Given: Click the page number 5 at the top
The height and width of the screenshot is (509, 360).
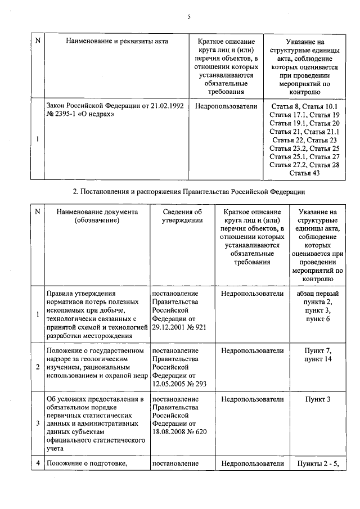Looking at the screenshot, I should click(189, 17).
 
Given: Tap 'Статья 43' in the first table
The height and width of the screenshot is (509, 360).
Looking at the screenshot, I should click(304, 173).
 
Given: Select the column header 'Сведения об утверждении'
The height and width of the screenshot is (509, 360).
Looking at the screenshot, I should click(182, 216).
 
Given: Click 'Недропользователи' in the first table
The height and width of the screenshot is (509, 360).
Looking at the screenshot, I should click(226, 106).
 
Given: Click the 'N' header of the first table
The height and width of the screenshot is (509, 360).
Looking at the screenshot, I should click(38, 41).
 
